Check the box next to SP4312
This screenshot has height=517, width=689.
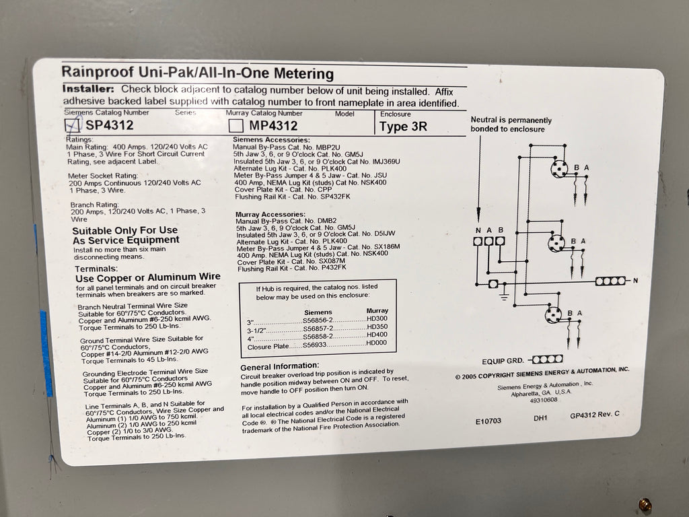(x=73, y=125)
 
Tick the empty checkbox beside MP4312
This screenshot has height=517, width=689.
(x=236, y=126)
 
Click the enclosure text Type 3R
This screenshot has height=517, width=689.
(x=404, y=127)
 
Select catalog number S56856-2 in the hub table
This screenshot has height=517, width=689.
(x=318, y=320)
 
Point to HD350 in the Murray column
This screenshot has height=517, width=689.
(x=377, y=326)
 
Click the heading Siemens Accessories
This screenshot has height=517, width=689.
(x=271, y=140)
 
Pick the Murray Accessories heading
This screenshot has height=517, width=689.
(x=270, y=215)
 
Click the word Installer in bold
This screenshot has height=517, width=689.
(x=88, y=89)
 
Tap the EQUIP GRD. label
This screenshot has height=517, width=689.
(x=503, y=361)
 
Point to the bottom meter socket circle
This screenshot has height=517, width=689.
(x=553, y=315)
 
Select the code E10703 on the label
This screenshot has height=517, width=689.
(x=488, y=421)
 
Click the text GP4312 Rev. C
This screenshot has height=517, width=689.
(x=595, y=415)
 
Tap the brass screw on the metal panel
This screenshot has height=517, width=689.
(x=645, y=504)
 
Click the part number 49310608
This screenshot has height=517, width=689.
(x=544, y=400)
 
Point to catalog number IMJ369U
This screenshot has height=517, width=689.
(x=386, y=162)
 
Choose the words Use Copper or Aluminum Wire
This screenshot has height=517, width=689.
(x=148, y=277)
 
